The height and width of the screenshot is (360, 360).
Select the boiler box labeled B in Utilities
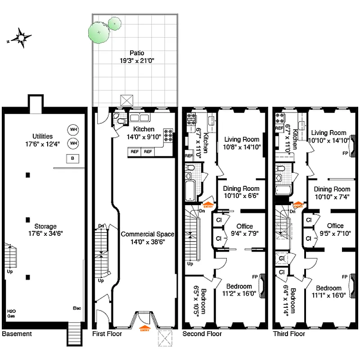click(x=72, y=158)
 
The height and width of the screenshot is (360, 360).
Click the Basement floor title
click(x=17, y=334)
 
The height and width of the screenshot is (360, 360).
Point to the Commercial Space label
click(x=147, y=234)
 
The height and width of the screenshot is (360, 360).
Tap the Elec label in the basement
click(x=76, y=308)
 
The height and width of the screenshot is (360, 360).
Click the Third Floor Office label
click(x=335, y=225)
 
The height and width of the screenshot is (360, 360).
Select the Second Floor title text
click(x=202, y=334)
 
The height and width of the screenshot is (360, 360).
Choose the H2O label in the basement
click(x=11, y=311)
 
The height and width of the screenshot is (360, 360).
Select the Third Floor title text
click(x=289, y=334)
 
